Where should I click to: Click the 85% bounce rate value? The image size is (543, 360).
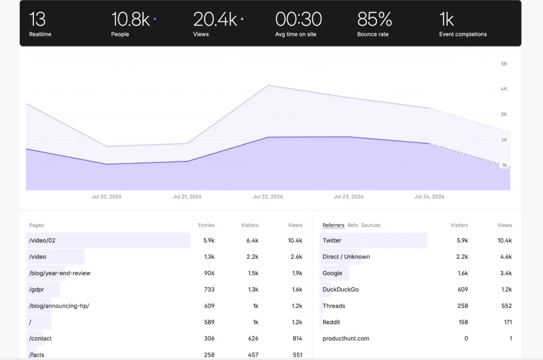374,20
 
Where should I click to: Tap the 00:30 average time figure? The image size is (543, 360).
298,20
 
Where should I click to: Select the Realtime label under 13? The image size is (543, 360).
40,34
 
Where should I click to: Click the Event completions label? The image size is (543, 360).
463,34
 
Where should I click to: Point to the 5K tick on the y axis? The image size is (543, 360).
504,64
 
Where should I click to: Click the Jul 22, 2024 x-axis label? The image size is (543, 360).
268,197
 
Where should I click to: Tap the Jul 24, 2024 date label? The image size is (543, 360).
429,197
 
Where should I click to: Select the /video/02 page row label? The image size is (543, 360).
42,240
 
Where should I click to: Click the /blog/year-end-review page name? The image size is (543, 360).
60,273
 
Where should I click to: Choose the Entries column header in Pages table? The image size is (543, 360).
206,225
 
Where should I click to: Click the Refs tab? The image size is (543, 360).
352,225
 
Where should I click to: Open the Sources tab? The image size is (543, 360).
371,225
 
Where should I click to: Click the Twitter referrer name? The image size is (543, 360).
332,240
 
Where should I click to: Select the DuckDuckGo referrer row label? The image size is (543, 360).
340,289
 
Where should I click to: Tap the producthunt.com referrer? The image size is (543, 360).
346,339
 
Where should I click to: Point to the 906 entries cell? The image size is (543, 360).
209,273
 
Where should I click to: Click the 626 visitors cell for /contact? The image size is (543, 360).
253,339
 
